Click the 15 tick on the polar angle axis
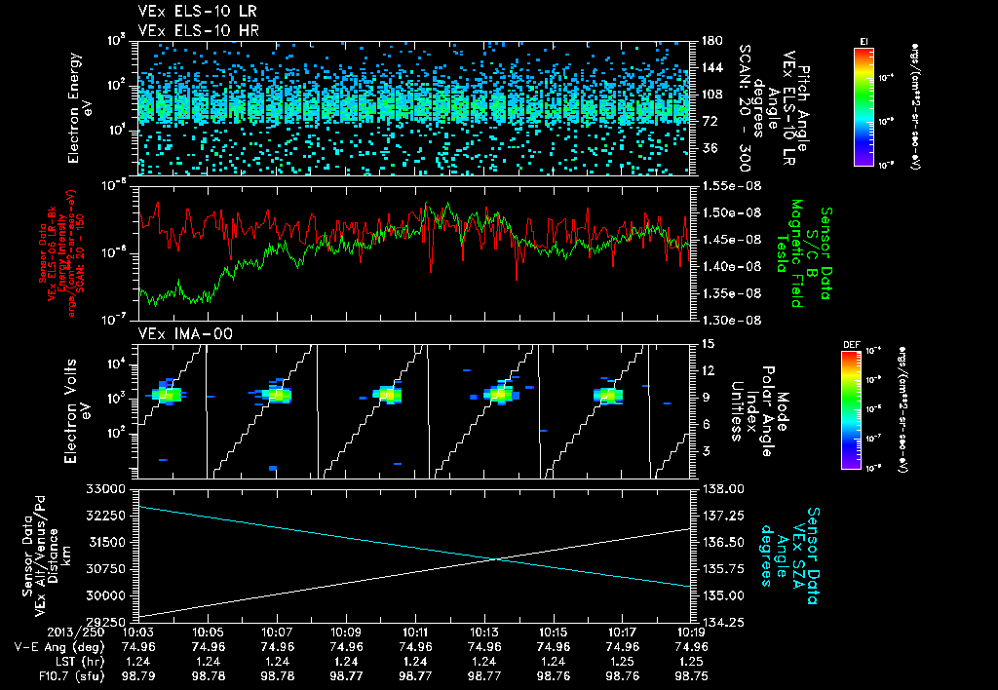[x=706, y=343]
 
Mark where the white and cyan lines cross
[x=497, y=558]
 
